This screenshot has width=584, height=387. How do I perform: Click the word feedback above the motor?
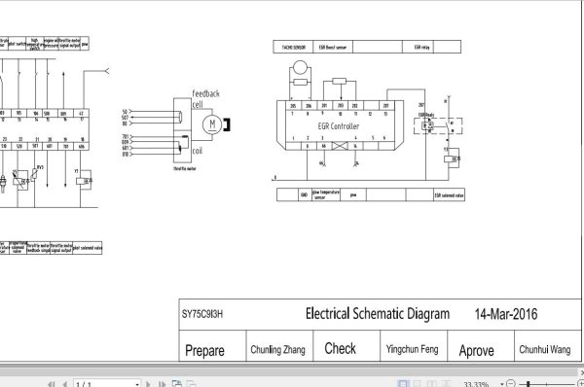(x=211, y=92)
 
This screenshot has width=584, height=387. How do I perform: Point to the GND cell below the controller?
(x=305, y=194)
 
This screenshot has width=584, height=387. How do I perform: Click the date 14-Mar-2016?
(x=506, y=314)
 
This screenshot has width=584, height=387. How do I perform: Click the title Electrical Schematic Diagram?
(x=378, y=314)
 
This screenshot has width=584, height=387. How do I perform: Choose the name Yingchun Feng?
(x=403, y=349)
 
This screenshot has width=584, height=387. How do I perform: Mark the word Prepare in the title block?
(x=204, y=350)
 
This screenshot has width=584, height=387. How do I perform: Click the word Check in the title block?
(x=340, y=348)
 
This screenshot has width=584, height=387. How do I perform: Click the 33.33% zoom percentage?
(x=475, y=382)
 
